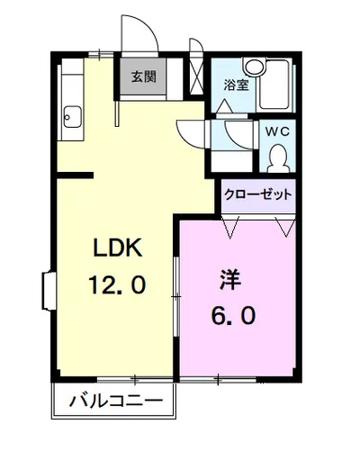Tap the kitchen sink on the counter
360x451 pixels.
pos(70,115)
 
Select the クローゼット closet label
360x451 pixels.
pos(259,194)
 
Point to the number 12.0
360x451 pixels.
pos(117,287)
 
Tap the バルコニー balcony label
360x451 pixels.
pos(116,401)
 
